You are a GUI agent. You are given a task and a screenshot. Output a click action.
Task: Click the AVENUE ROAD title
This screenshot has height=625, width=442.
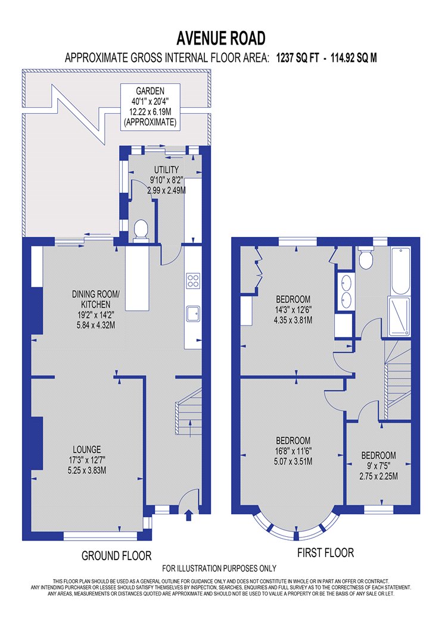pyautogui.click(x=221, y=38)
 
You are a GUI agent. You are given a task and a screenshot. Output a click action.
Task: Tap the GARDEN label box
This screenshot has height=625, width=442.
pyautogui.click(x=150, y=107)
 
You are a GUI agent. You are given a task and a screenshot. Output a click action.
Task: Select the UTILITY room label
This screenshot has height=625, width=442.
pyautogui.click(x=166, y=170)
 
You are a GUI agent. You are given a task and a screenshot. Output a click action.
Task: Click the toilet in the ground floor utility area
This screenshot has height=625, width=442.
pyautogui.click(x=141, y=231)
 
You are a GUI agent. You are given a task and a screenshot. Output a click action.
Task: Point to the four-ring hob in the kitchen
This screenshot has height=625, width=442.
pyautogui.click(x=193, y=280)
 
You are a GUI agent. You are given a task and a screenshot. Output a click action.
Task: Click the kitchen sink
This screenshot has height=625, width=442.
pyautogui.click(x=193, y=314)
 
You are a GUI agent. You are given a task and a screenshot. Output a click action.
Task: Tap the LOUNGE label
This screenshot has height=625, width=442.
pyautogui.click(x=86, y=449)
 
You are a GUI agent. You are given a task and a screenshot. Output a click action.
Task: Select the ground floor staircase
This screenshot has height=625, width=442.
pyautogui.click(x=188, y=412)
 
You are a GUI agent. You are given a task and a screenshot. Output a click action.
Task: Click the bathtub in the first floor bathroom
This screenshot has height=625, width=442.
pyautogui.click(x=400, y=271)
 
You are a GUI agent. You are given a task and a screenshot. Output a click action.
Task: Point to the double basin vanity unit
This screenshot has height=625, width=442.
pyautogui.click(x=345, y=292)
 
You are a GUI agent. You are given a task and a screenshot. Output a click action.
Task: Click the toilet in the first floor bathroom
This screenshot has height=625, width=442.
pyautogui.click(x=365, y=257)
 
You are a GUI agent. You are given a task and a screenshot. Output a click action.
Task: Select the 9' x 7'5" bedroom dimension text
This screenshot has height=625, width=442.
pyautogui.click(x=378, y=465)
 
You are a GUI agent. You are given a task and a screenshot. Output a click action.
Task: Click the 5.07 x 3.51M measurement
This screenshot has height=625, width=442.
pyautogui.click(x=293, y=461)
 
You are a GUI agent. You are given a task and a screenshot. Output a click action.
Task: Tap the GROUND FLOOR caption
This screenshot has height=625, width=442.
pyautogui.click(x=117, y=555)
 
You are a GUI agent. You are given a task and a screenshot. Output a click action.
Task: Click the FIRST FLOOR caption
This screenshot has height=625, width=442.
pyautogui.click(x=325, y=553)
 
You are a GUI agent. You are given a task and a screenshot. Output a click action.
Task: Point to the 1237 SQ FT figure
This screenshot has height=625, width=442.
pyautogui.click(x=298, y=58)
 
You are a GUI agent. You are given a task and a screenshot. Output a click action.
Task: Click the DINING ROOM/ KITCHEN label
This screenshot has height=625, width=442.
pyautogui.click(x=96, y=299)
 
